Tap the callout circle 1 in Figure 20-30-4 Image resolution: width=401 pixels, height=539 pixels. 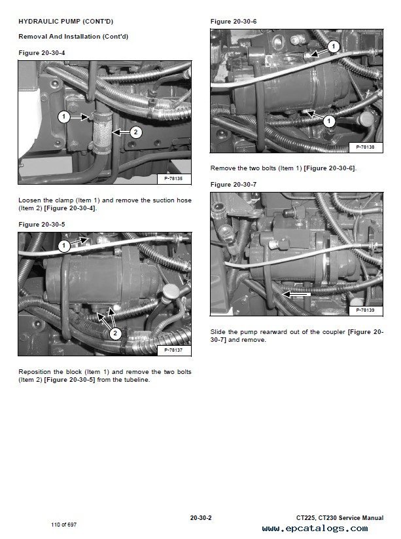tap(63, 117)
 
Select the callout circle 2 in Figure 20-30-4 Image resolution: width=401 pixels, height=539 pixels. tap(135, 132)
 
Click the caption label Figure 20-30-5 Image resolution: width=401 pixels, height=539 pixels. tap(41, 224)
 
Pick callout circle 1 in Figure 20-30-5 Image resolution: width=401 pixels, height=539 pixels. tap(63, 246)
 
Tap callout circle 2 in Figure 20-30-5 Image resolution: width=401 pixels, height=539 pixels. tap(115, 333)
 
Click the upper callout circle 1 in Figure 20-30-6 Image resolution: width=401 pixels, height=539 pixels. tap(332, 46)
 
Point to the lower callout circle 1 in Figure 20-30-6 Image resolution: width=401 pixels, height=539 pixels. tap(329, 121)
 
